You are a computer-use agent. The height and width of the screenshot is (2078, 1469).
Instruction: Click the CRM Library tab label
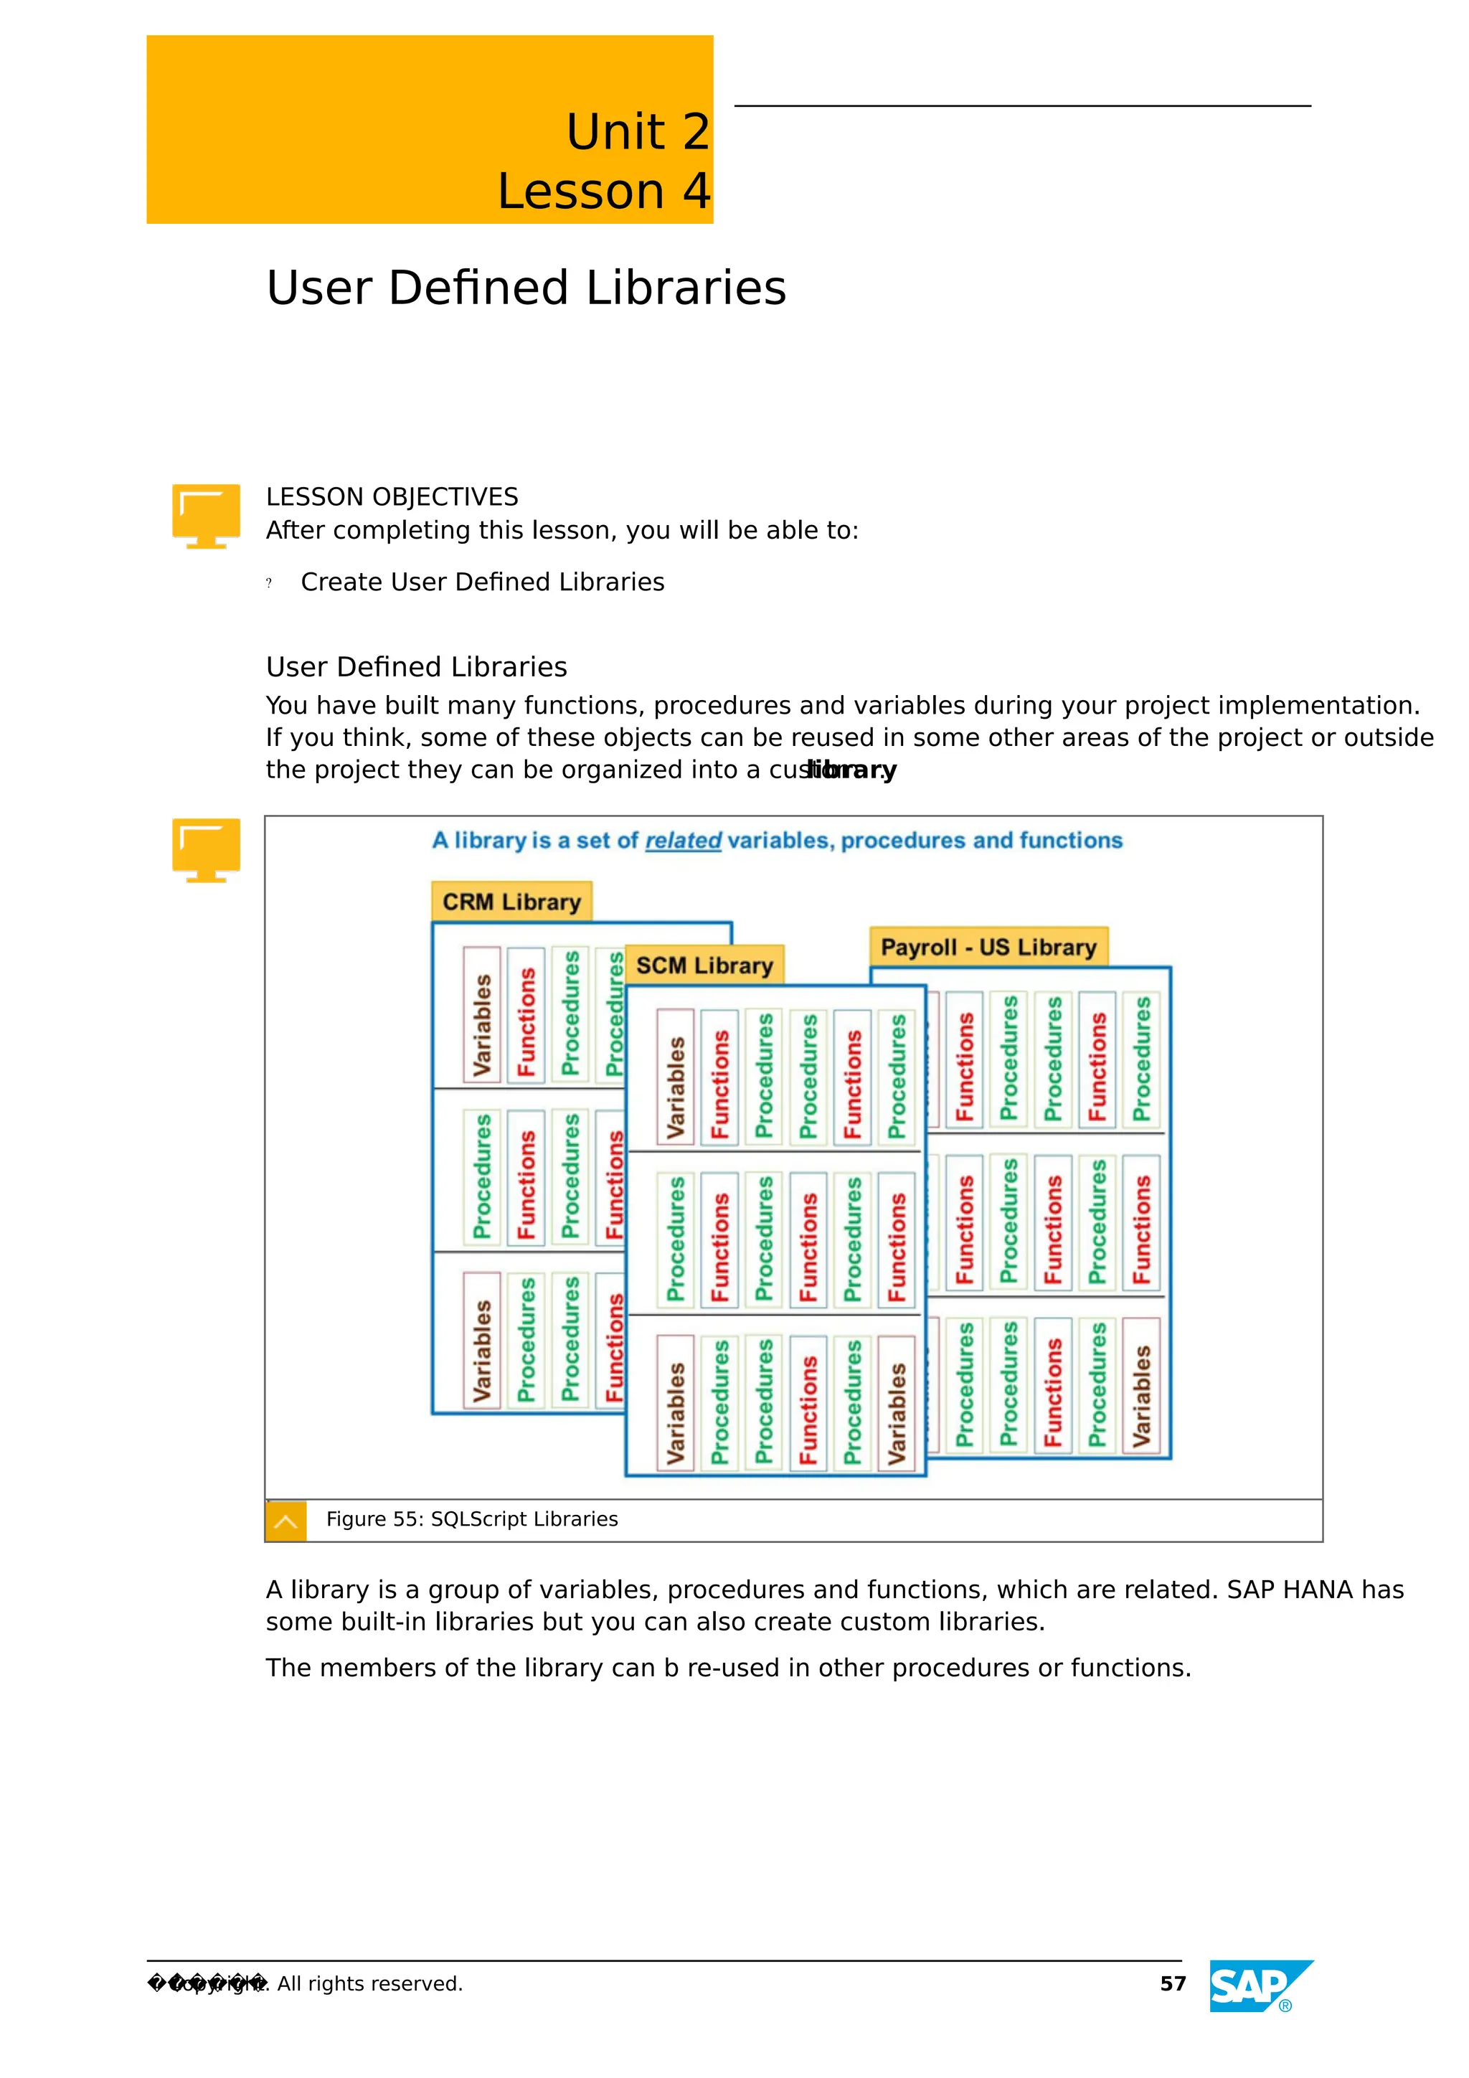tap(511, 902)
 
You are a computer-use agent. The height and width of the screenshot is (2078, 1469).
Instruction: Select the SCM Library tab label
tap(704, 965)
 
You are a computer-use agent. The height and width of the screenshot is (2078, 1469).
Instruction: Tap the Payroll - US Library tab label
tap(988, 947)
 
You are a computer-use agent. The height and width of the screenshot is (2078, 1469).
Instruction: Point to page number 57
tap(1172, 1984)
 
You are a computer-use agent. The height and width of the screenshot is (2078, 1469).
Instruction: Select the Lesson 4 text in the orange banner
tap(604, 192)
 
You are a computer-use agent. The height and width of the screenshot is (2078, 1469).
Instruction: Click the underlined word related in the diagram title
tap(682, 841)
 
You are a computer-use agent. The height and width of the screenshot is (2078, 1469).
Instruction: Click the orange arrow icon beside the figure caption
tap(285, 1521)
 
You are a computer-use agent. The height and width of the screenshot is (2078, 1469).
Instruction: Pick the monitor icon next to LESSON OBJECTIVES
tap(207, 515)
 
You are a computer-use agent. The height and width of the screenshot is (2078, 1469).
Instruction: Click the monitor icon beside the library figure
tap(207, 849)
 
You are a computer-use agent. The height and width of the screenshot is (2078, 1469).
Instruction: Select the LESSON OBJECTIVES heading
tap(392, 497)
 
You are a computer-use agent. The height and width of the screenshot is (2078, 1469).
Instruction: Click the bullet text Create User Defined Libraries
tap(483, 582)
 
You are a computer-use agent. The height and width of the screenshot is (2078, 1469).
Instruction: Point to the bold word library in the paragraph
tap(851, 770)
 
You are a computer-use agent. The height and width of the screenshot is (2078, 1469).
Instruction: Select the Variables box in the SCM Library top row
tap(675, 1076)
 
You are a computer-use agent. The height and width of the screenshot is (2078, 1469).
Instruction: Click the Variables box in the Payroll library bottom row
tap(1141, 1384)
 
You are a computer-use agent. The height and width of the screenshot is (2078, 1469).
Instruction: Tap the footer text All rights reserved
tap(369, 1984)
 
